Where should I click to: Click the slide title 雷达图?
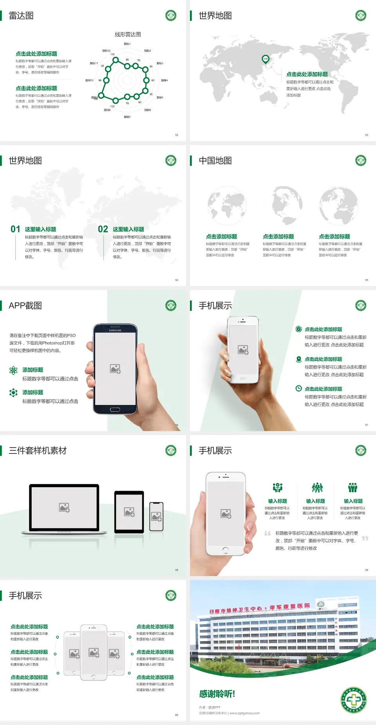point(21,16)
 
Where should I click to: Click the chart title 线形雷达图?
point(128,34)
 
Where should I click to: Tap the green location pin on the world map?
point(266,59)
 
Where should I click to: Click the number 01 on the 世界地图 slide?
point(15,229)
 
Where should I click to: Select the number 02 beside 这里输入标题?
point(103,229)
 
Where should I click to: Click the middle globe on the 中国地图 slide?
point(283,205)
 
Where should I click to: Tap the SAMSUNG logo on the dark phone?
point(115,330)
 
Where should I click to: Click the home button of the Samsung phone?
point(115,410)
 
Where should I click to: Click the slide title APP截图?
point(25,306)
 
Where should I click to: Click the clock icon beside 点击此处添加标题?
point(298,388)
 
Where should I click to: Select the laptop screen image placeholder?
point(64,507)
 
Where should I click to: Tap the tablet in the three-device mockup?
point(129,512)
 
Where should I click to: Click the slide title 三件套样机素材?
point(38,451)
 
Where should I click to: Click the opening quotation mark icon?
point(268,533)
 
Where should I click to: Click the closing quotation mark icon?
point(365,538)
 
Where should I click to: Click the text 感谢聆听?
point(217,694)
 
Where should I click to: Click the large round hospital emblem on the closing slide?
point(353,700)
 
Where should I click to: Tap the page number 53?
point(367,135)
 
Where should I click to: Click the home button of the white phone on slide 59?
point(225,550)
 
